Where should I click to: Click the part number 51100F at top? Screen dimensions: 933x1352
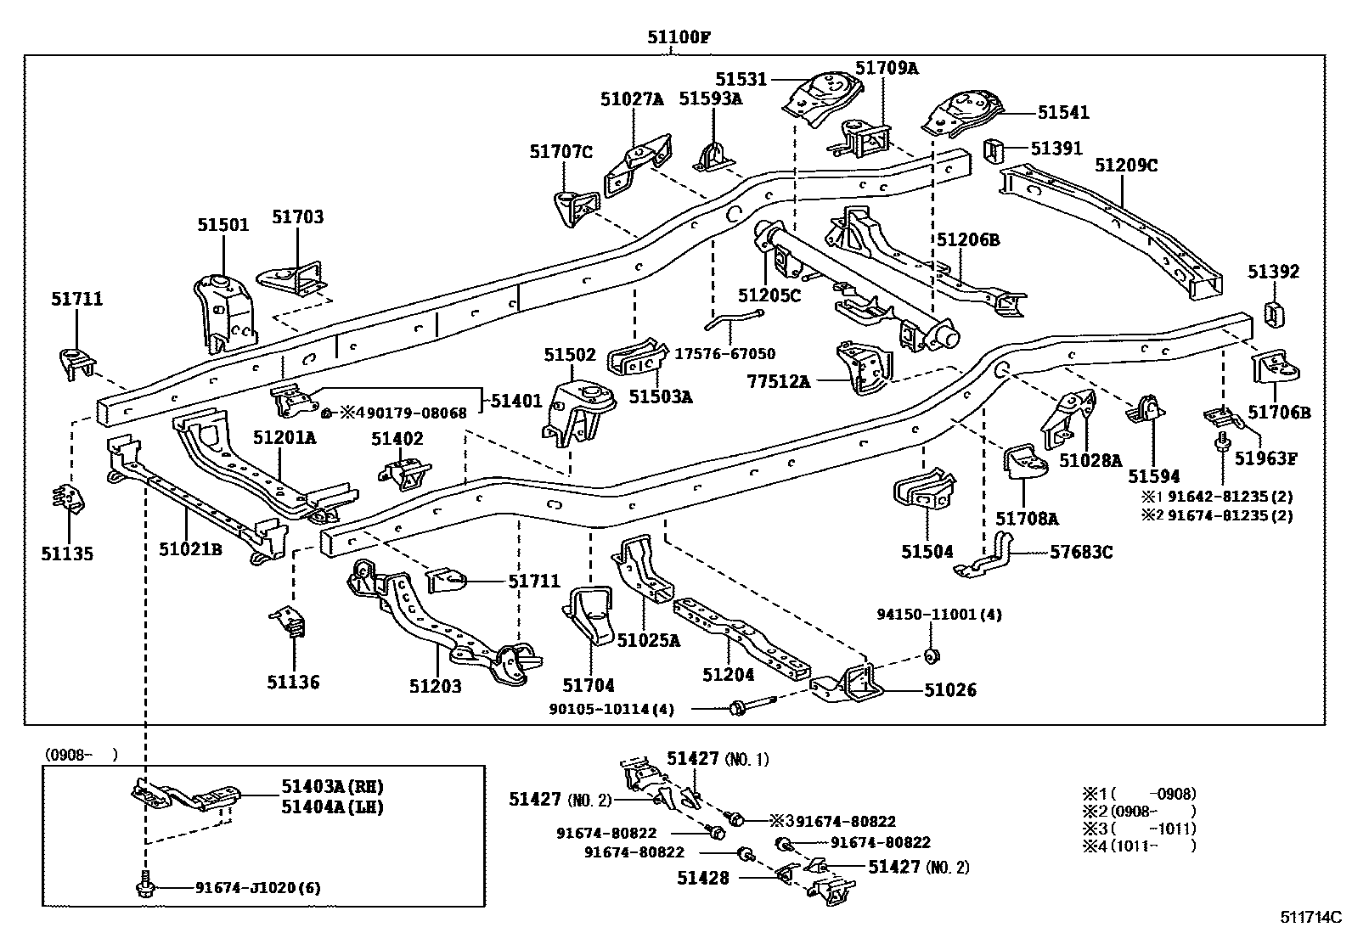click(678, 37)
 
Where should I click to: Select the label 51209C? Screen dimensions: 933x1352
click(1125, 165)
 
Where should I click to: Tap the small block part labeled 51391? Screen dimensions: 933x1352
click(994, 149)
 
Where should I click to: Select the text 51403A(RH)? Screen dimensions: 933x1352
click(326, 787)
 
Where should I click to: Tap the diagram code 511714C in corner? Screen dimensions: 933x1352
click(1310, 918)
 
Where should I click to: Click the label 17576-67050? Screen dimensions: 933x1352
click(724, 354)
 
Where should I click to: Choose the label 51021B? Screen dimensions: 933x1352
click(190, 549)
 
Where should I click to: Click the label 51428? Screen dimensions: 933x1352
click(703, 878)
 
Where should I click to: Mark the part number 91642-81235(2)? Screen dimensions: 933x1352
click(1230, 497)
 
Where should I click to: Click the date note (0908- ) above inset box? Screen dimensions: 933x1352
click(81, 754)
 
